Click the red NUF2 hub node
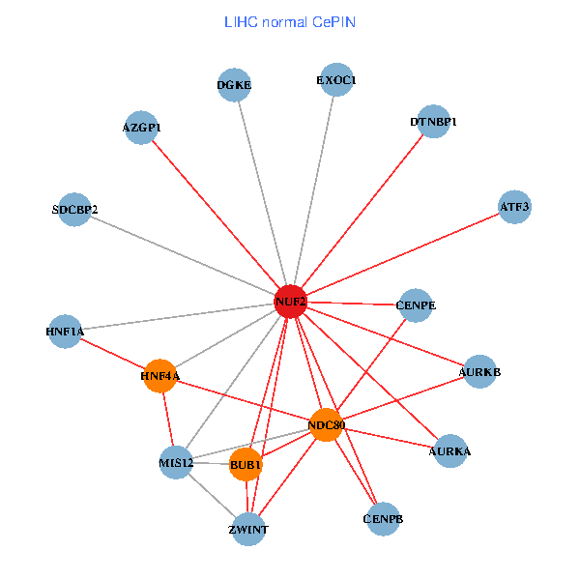click(291, 302)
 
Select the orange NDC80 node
click(327, 424)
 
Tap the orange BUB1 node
click(246, 465)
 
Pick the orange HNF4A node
click(160, 375)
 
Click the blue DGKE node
click(234, 85)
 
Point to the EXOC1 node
click(336, 80)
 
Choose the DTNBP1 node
click(433, 123)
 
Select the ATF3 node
click(514, 207)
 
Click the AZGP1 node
click(142, 128)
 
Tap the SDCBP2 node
click(74, 210)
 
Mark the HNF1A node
click(65, 332)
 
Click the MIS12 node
click(176, 463)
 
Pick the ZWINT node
click(248, 530)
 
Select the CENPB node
click(384, 519)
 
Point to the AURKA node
click(449, 450)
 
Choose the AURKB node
click(480, 372)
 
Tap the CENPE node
click(417, 305)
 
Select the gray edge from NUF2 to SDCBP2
click(184, 256)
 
